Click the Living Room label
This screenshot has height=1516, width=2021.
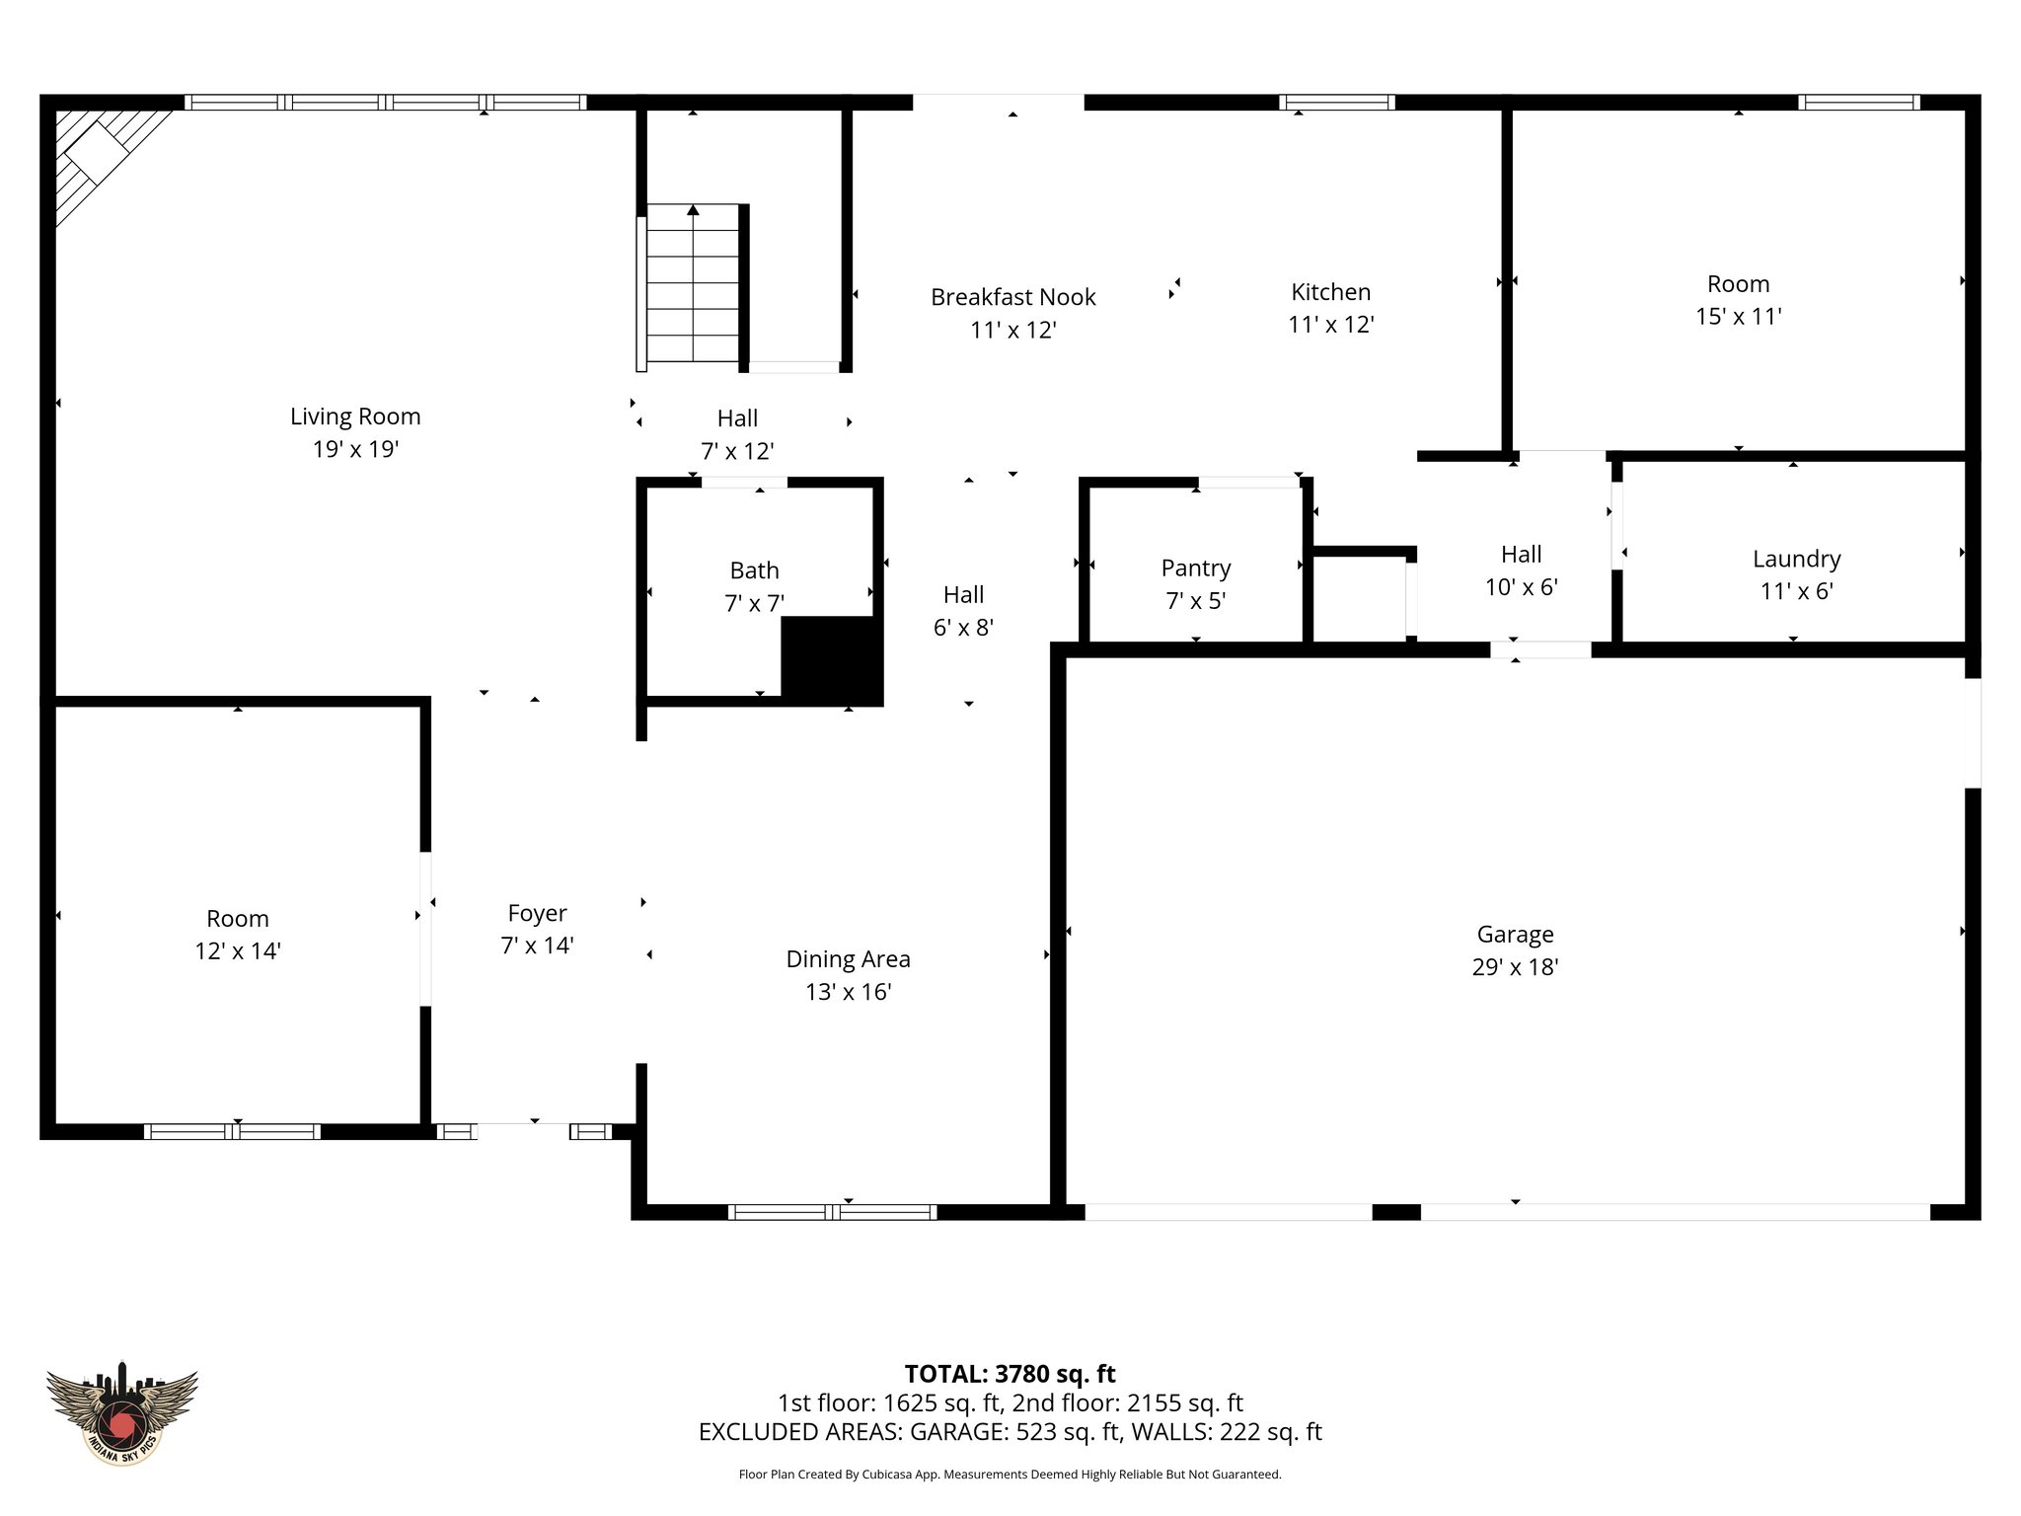tap(355, 417)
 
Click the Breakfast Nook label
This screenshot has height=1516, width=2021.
tap(1012, 297)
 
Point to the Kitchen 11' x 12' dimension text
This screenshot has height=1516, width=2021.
tap(1330, 325)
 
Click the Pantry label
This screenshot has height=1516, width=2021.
tap(1195, 568)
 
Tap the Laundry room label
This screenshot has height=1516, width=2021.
tap(1796, 560)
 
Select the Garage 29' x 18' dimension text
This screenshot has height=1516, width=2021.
tap(1514, 967)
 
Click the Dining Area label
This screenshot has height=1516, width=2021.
tap(848, 959)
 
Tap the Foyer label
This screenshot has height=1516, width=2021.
tap(537, 914)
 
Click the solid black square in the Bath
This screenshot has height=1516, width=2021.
tap(829, 658)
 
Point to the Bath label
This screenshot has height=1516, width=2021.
tap(754, 570)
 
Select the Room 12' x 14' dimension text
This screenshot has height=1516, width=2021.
tap(238, 951)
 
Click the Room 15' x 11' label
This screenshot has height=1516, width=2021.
tap(1738, 284)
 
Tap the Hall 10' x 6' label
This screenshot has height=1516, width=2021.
tap(1521, 555)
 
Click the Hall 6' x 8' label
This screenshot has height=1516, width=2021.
tap(963, 595)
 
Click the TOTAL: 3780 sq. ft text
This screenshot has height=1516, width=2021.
tap(1010, 1374)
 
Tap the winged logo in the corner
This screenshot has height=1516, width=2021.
tap(122, 1412)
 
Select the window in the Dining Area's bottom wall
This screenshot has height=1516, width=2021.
tap(832, 1212)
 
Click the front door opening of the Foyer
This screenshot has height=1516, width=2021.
tap(523, 1131)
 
